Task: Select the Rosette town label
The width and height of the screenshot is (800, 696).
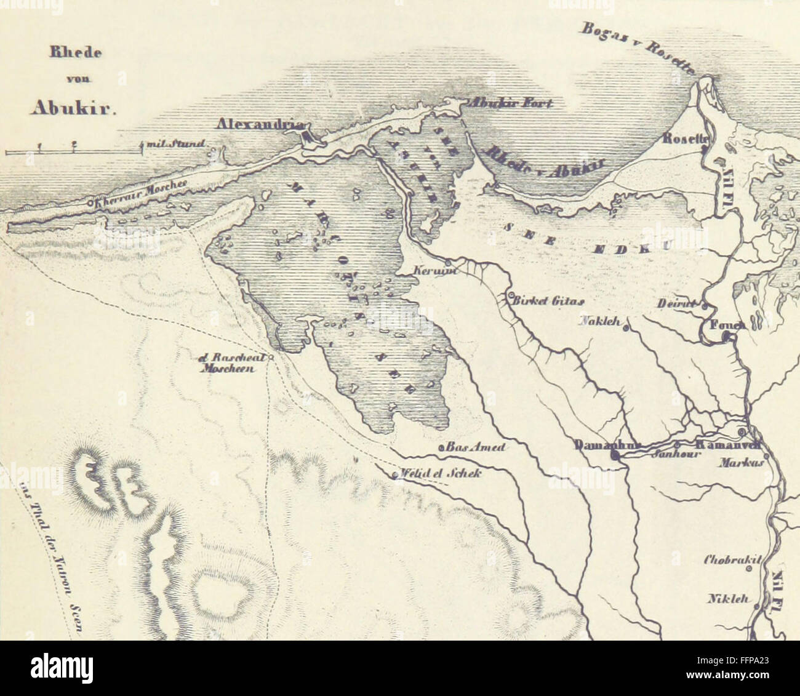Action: [x=683, y=140]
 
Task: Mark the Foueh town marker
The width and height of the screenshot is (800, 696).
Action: [x=727, y=336]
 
